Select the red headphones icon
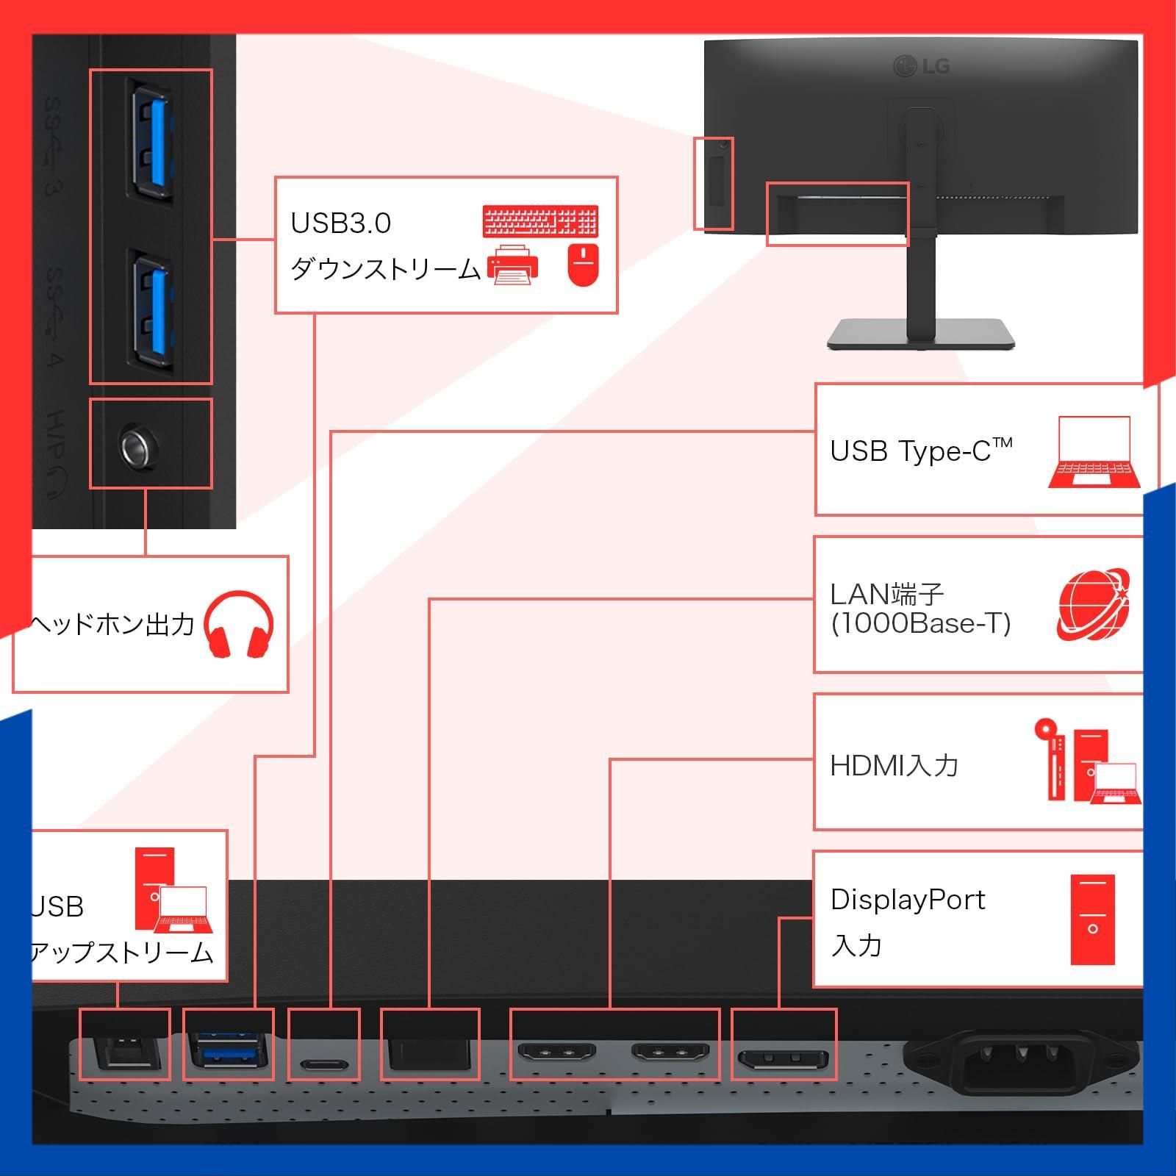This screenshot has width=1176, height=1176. point(238,624)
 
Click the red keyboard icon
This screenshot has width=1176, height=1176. point(540,221)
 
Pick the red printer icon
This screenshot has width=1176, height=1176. point(512,265)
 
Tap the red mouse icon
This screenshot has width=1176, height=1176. point(583,265)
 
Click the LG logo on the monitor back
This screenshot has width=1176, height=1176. point(922,67)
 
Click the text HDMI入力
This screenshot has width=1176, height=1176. point(894,766)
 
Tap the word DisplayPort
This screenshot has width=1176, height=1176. point(908,900)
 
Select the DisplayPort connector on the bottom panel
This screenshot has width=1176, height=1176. point(784,1061)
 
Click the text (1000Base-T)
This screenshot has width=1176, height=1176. point(921,623)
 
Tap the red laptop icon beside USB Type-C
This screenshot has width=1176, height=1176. point(1094,453)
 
